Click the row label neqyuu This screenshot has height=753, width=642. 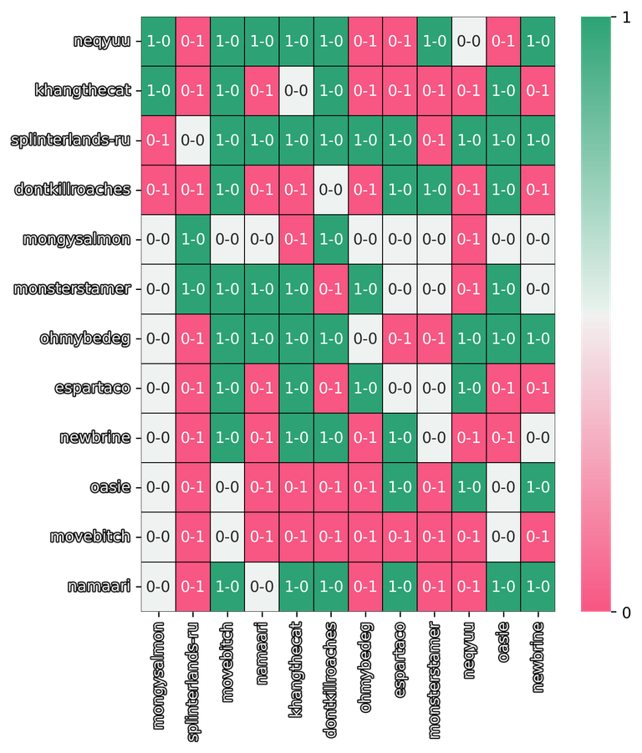pos(102,41)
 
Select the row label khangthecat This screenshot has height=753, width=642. pos(83,90)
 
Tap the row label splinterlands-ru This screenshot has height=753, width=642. pos(71,140)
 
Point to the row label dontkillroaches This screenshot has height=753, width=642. pos(73,190)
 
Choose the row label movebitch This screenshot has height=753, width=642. pos(90,537)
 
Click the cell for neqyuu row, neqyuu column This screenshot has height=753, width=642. pos(468,41)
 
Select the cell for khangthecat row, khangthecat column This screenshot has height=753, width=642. pos(296,90)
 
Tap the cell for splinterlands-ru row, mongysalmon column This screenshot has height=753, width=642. pos(159,140)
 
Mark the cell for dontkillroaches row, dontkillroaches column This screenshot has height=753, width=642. pos(330,190)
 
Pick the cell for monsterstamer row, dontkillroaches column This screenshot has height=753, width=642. pos(330,288)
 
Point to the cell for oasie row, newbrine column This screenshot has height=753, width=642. pos(537,487)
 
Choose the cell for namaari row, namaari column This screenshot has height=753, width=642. pos(262,587)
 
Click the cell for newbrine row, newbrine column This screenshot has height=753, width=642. pos(537,437)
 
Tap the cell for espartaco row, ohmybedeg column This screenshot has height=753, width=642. pos(364,388)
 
